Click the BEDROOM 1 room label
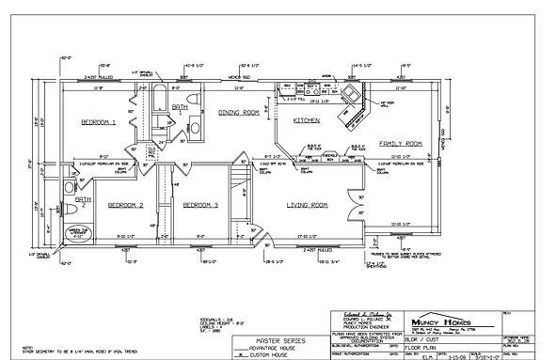[x=98, y=123]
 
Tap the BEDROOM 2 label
[x=124, y=205]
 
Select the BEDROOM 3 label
[x=200, y=205]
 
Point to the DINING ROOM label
[x=239, y=112]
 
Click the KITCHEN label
[x=307, y=121]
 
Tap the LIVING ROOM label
[x=307, y=205]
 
